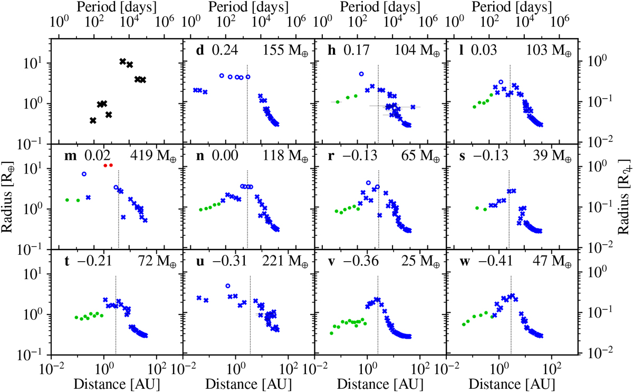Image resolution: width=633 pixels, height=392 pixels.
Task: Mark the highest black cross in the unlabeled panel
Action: pyautogui.click(x=123, y=62)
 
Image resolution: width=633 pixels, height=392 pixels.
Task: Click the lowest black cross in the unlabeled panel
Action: pyautogui.click(x=93, y=121)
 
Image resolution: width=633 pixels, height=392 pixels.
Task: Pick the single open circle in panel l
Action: pyautogui.click(x=501, y=82)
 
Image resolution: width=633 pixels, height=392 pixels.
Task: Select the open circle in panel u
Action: pyautogui.click(x=228, y=285)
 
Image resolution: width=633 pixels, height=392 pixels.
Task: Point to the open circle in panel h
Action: pyautogui.click(x=361, y=74)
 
